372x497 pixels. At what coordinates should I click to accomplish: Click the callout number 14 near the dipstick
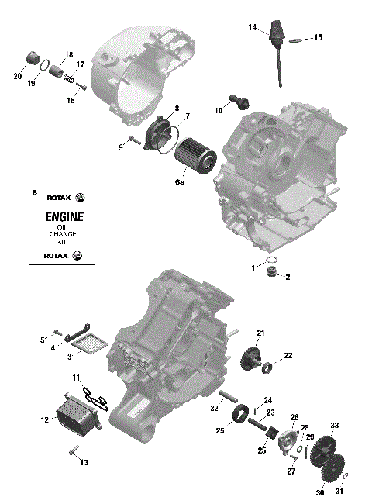click(253, 27)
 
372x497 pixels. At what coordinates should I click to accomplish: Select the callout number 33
click(335, 426)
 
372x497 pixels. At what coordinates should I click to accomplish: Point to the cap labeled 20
click(33, 58)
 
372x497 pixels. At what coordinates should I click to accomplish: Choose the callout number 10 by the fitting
click(219, 111)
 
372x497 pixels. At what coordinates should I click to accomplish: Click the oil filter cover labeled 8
click(161, 126)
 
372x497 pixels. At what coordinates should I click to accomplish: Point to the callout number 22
click(288, 356)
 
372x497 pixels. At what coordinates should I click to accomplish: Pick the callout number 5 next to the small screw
click(43, 340)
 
